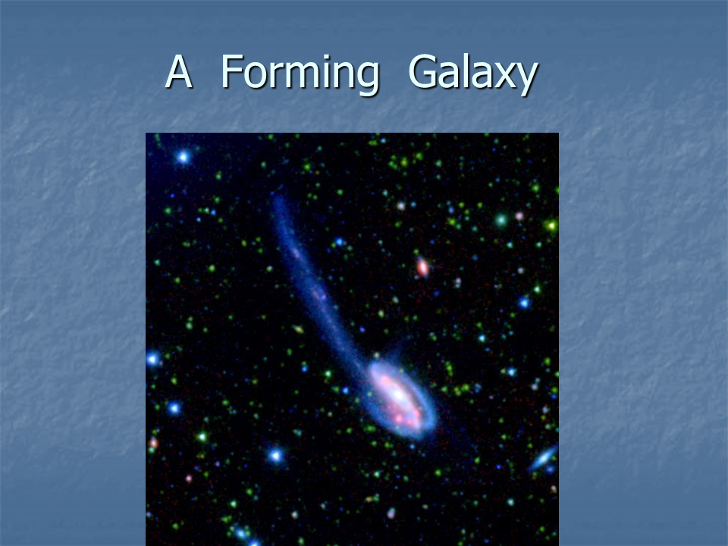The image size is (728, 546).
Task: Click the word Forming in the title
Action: [x=300, y=74]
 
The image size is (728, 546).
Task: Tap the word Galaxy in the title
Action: [x=473, y=74]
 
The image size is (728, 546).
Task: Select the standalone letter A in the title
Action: [x=179, y=71]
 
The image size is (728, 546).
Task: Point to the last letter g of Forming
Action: [x=368, y=79]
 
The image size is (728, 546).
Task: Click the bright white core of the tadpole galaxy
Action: [x=398, y=394]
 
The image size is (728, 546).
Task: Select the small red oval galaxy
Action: [x=422, y=267]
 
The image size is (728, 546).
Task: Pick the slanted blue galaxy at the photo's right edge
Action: [x=543, y=458]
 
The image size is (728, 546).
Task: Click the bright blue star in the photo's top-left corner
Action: [x=184, y=157]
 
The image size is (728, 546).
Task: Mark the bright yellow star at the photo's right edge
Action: [x=551, y=226]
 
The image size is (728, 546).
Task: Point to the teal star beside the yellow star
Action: [x=501, y=220]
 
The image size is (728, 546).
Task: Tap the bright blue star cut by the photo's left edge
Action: [x=152, y=359]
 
